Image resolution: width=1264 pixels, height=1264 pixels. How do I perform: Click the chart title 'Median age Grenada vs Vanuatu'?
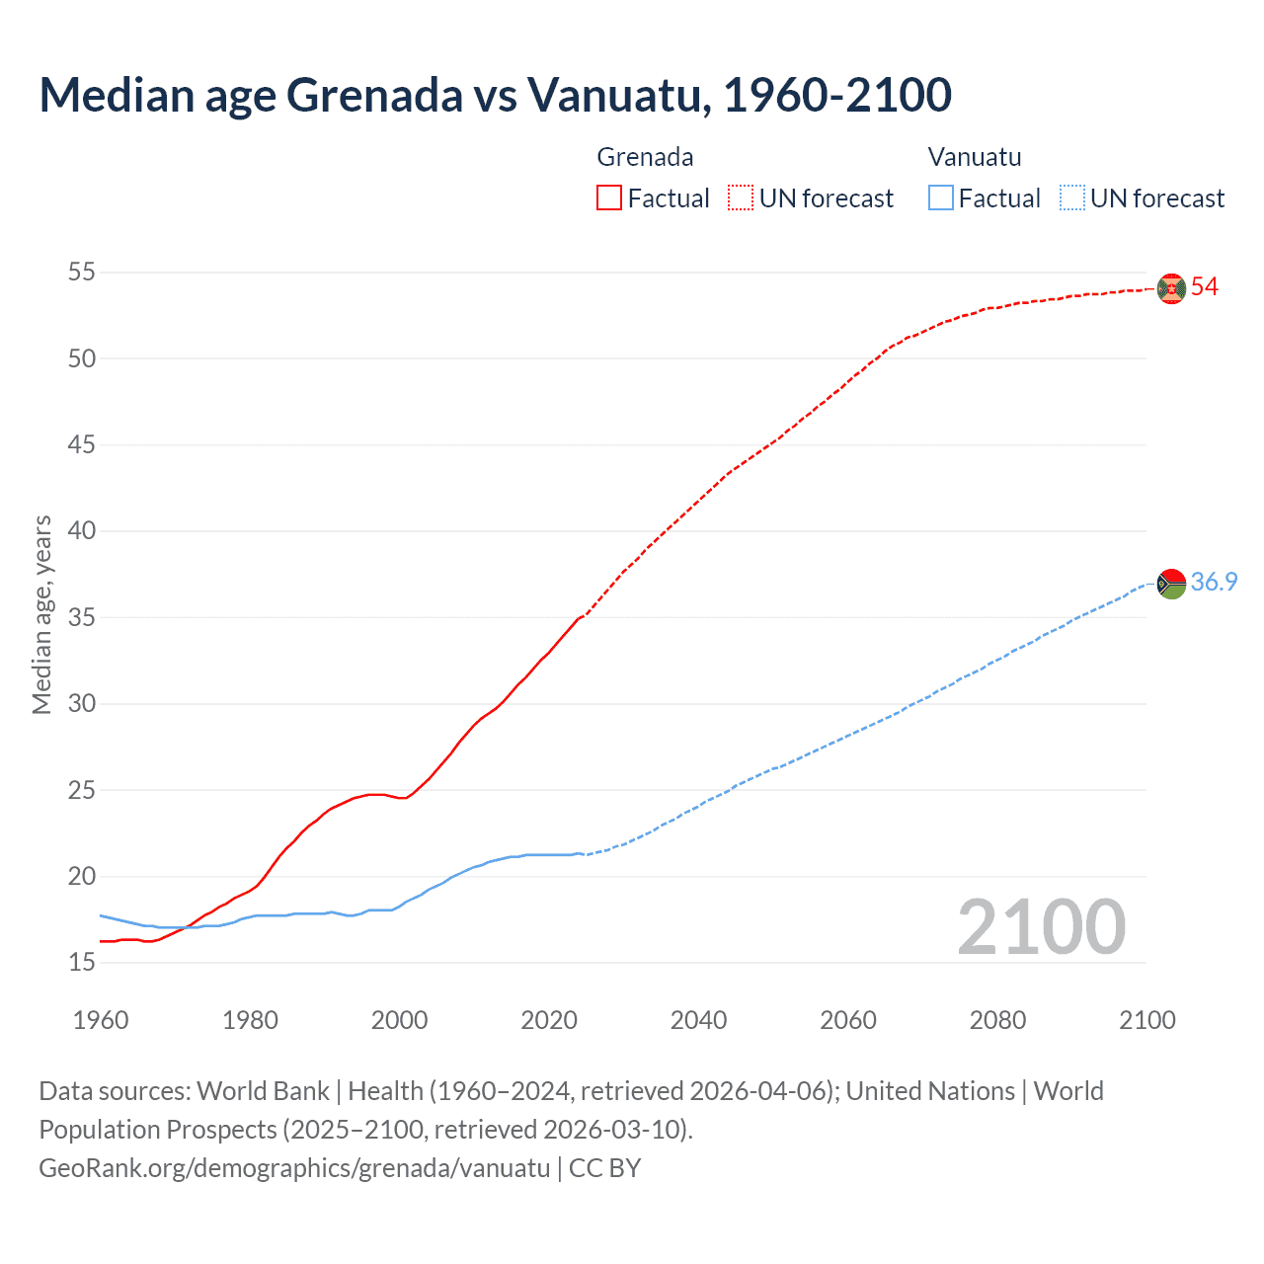tap(495, 95)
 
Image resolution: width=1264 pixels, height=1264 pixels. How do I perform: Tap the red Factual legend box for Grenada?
tap(609, 198)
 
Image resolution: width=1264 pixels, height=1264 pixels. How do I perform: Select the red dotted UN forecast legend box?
tap(741, 198)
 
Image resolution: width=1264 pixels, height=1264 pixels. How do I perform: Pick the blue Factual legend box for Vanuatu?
tap(940, 198)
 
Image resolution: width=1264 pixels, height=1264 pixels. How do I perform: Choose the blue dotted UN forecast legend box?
tap(1071, 198)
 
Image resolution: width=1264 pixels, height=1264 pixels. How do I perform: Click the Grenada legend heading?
tap(645, 157)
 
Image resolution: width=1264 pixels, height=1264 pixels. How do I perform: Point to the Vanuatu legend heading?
tap(975, 157)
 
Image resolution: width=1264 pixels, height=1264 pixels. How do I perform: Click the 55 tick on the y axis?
tap(82, 272)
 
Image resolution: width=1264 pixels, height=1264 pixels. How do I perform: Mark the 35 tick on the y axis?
tap(82, 618)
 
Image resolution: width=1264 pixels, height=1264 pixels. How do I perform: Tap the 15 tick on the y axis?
tap(82, 963)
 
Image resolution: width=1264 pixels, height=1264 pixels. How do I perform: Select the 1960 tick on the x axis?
tap(101, 1020)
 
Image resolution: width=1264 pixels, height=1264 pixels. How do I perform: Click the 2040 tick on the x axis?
tap(698, 1020)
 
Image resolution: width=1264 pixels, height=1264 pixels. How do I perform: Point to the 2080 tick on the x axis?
tap(997, 1020)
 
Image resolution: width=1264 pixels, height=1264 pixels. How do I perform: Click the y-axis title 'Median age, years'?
tap(41, 614)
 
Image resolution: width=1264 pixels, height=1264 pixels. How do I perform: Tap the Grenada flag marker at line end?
tap(1171, 288)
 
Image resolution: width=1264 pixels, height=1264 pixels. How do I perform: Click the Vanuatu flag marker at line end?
tap(1171, 584)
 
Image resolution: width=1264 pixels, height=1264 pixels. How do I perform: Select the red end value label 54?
tap(1205, 287)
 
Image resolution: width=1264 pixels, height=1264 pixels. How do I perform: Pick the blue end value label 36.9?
tap(1214, 583)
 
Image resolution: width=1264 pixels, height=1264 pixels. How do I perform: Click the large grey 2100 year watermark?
tap(1041, 927)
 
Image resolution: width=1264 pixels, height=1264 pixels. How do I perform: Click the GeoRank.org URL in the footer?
tap(294, 1168)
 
